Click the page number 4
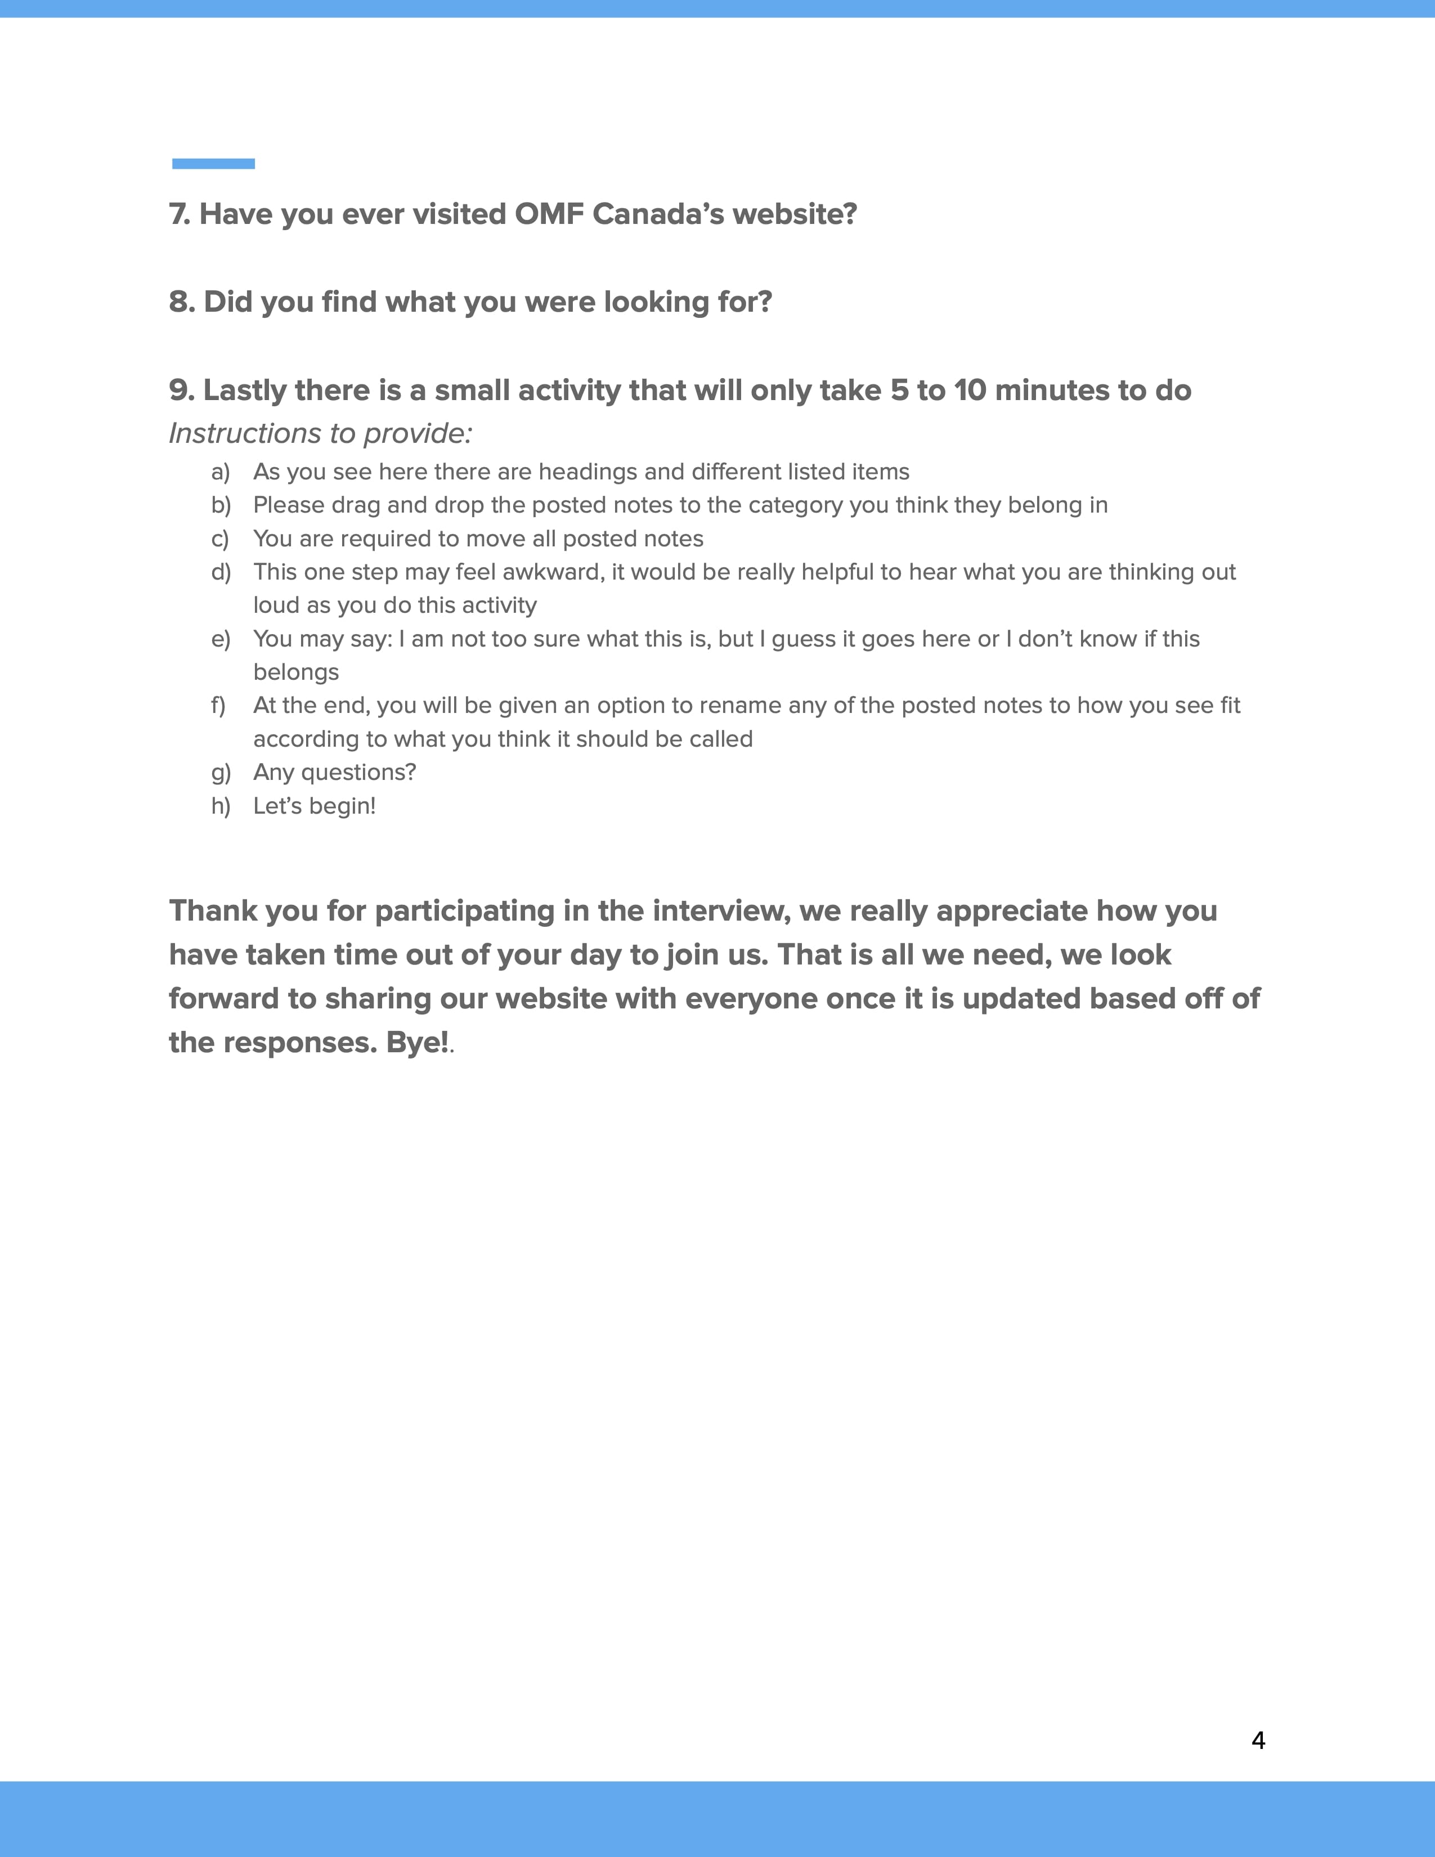(1258, 1741)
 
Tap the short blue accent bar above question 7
(213, 163)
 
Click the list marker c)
(220, 539)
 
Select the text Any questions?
(335, 772)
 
